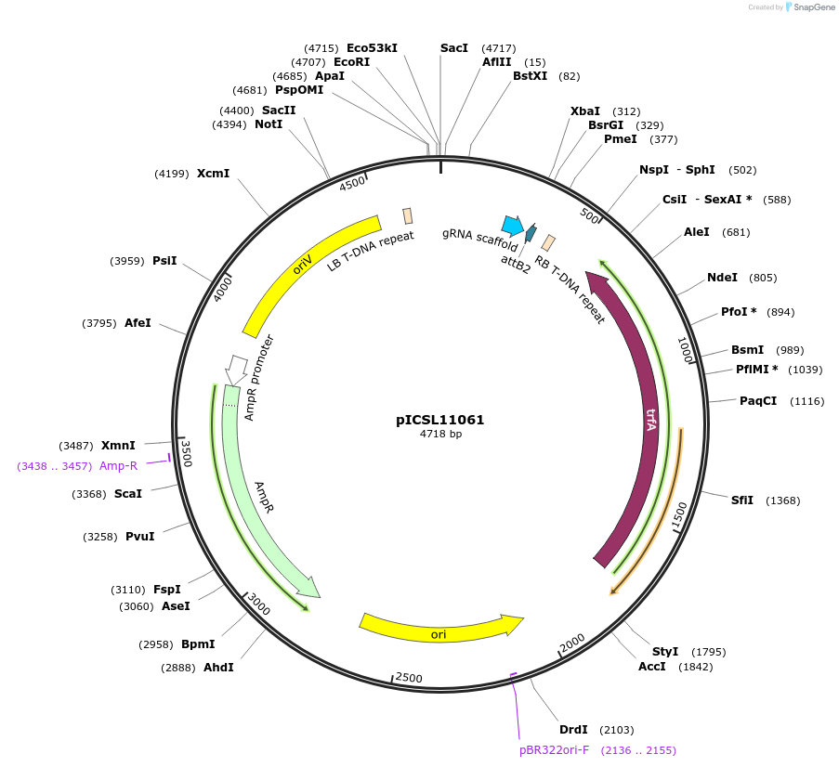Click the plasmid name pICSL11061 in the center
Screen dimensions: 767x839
pos(439,420)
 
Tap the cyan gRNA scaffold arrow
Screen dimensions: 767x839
pos(512,225)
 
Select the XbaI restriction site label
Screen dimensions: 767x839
pos(584,111)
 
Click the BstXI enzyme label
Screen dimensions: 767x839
pos(530,76)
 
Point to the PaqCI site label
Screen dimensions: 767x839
pos(758,401)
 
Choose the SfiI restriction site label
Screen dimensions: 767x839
pos(741,500)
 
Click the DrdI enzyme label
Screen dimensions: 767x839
pos(572,730)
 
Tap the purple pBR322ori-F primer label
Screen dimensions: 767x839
pos(554,749)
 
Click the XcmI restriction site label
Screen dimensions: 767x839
pos(213,173)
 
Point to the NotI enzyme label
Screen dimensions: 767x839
pos(269,123)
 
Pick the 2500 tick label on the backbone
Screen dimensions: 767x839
pos(409,678)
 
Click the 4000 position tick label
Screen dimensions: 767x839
pos(223,288)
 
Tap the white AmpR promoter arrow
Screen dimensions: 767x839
pos(236,369)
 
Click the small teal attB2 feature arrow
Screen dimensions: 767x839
pos(531,232)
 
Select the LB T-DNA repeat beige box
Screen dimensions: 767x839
pos(408,216)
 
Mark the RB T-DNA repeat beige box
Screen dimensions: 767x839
pos(549,242)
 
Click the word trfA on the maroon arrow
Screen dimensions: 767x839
pos(651,417)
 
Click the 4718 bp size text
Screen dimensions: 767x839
pos(439,435)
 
